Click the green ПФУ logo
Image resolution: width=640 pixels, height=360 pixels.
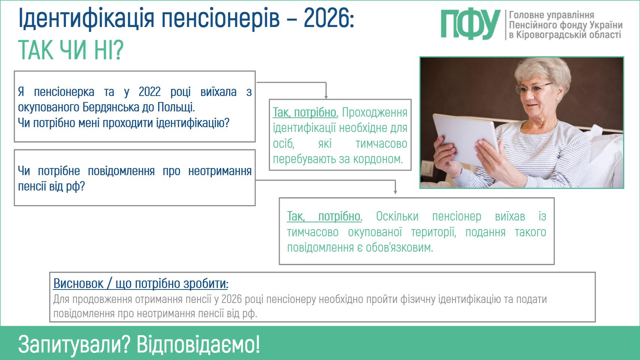click(x=470, y=25)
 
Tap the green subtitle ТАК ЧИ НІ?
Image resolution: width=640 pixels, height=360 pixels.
click(x=70, y=50)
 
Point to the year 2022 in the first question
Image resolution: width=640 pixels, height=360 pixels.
click(x=150, y=92)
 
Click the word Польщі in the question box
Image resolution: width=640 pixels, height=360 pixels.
click(x=176, y=107)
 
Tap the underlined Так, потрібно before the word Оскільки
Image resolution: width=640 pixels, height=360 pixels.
click(x=325, y=217)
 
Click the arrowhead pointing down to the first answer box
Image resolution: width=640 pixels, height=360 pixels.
click(x=326, y=97)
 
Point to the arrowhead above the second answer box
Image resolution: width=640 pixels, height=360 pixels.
click(x=396, y=192)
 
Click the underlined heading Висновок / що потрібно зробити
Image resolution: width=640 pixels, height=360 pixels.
click(x=141, y=284)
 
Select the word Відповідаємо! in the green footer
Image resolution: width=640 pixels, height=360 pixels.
click(x=198, y=344)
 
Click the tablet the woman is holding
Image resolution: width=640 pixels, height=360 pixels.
click(x=465, y=139)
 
